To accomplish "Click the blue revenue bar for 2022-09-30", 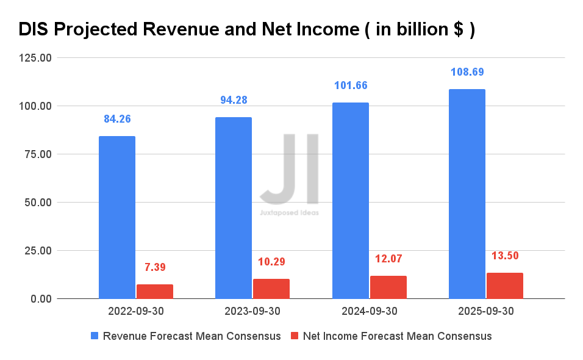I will pos(117,217).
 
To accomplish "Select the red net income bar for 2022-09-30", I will pos(155,292).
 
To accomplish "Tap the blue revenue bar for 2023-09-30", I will pos(234,207).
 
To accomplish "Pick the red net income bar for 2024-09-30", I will pos(388,287).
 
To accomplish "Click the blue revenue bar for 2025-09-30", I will pos(467,193).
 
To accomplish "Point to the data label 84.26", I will pos(117,119).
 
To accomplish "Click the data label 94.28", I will pos(234,100).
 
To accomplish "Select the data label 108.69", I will pos(467,72).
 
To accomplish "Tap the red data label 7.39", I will pos(155,267).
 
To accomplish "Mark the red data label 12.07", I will pos(388,259).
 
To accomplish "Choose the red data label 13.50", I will pos(505,256).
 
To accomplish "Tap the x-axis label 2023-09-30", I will pos(252,311).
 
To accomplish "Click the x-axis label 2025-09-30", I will pos(486,311).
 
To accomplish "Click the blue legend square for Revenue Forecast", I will pos(95,336).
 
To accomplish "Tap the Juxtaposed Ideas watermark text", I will pos(289,213).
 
